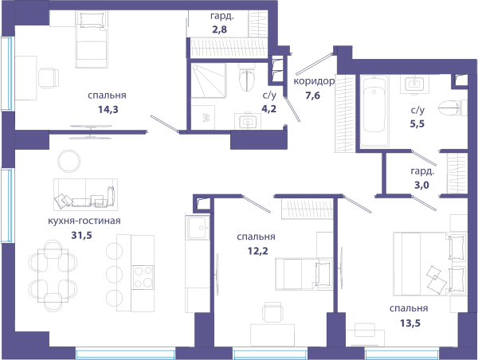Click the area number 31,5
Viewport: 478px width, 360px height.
click(x=81, y=235)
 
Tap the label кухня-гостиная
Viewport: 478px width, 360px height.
click(x=84, y=221)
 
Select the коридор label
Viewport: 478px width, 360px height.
click(x=314, y=81)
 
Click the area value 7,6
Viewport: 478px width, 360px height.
click(x=313, y=96)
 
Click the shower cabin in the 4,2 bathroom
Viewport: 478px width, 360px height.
click(x=209, y=80)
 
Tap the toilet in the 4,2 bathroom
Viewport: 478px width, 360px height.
click(x=246, y=77)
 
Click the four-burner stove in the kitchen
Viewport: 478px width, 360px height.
click(x=143, y=277)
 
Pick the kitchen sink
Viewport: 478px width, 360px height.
click(x=198, y=227)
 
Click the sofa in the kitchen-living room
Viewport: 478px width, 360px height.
click(x=86, y=194)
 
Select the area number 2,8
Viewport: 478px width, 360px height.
click(x=220, y=29)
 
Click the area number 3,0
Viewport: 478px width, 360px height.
click(x=421, y=185)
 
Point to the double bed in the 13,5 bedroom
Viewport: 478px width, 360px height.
click(x=430, y=264)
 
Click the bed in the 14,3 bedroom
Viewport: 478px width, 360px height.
click(x=92, y=39)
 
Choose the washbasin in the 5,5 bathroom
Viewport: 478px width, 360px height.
click(x=414, y=83)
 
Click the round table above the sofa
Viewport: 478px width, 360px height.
click(x=69, y=161)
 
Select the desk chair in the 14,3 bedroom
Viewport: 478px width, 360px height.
click(x=49, y=78)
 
